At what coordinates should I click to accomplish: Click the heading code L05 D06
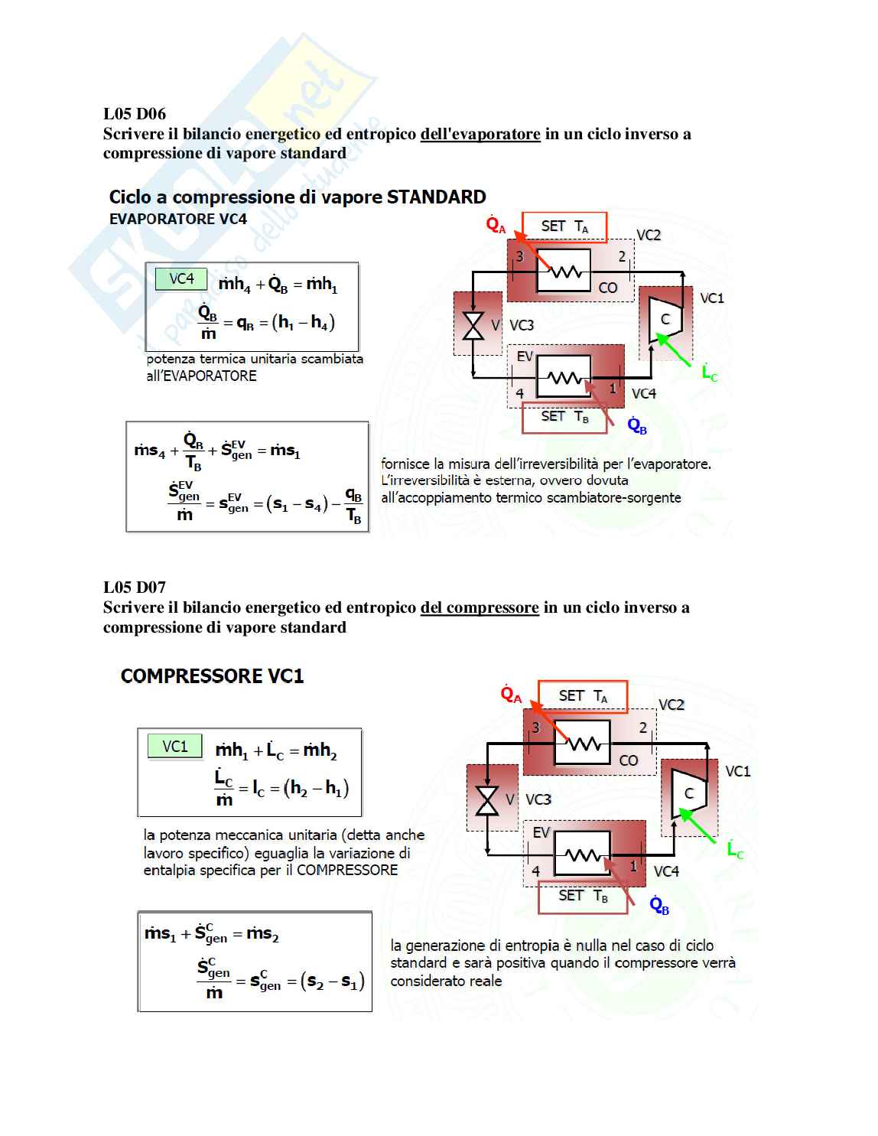coord(135,114)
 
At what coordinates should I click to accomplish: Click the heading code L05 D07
coord(135,588)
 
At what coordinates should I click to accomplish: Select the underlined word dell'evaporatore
coord(480,134)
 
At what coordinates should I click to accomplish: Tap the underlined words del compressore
coord(480,607)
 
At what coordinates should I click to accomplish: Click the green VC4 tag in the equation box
coord(181,278)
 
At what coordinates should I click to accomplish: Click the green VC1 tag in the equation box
coord(175,746)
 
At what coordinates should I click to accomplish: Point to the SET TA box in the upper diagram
coord(564,226)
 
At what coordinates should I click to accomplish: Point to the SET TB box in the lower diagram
coord(583,896)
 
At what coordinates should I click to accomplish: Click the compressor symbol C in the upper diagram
coord(664,319)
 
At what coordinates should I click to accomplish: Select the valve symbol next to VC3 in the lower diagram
coord(486,800)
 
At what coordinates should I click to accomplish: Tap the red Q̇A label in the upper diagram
coord(496,226)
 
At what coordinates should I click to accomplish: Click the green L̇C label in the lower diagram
coord(735,850)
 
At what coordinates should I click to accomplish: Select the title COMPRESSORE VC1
coord(212,676)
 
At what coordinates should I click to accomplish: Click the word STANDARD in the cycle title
coord(436,197)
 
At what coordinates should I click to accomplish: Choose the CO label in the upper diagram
coord(607,288)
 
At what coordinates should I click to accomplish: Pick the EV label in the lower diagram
coord(541,832)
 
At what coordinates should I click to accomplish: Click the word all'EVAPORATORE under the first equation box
coord(201,376)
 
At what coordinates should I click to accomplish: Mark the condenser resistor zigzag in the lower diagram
coord(584,743)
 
